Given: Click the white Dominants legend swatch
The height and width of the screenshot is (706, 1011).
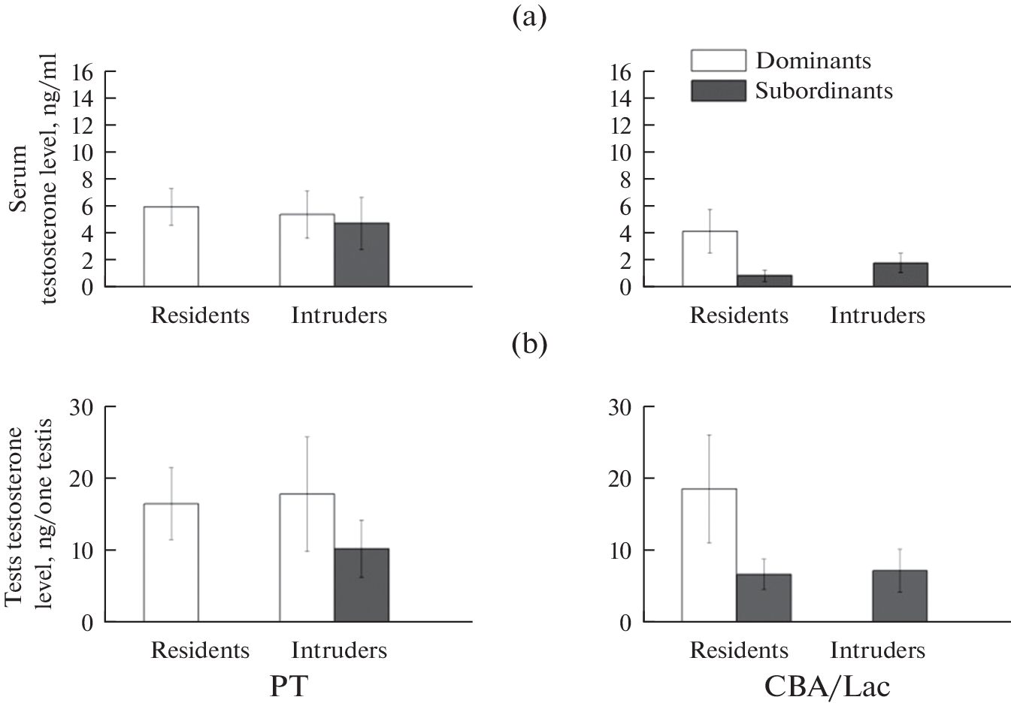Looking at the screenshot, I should tap(718, 61).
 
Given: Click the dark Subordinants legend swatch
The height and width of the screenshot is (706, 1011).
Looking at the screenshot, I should tap(718, 91).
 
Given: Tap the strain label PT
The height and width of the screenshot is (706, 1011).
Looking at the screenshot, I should tap(289, 685).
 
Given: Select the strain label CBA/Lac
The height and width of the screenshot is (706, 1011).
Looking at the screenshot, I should tap(827, 685).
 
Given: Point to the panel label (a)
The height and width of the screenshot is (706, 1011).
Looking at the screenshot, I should tap(528, 17).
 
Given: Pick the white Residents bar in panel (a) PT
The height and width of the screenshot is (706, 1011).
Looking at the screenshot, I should tap(171, 247).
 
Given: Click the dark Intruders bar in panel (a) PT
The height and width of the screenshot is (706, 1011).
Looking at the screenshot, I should tap(362, 255).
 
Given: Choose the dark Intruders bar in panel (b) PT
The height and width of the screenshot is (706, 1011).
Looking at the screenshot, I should tap(362, 586).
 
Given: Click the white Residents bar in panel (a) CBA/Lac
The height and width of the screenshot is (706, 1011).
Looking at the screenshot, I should tap(710, 259).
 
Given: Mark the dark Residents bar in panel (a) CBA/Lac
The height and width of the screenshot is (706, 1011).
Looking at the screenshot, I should tap(764, 281).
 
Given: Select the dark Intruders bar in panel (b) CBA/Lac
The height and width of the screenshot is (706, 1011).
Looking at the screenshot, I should tap(900, 596).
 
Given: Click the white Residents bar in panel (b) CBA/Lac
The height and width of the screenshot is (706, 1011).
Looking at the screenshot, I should tap(709, 556).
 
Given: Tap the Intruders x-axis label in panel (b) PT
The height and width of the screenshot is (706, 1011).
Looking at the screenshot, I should tap(339, 650).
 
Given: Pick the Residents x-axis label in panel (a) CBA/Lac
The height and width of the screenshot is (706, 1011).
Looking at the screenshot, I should tap(739, 315).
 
